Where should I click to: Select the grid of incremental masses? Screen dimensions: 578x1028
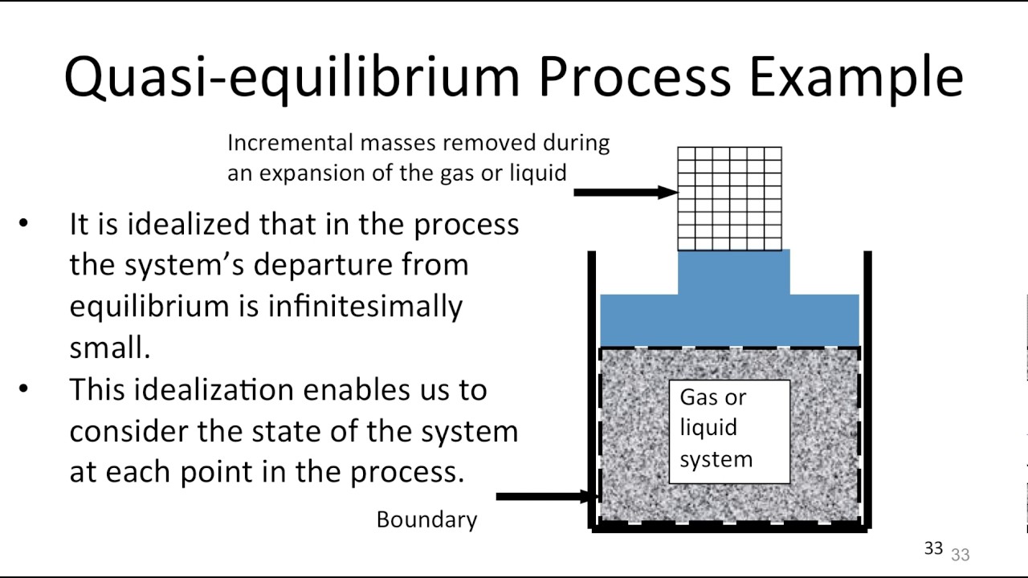(729, 198)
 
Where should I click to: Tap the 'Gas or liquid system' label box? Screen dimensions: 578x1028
(729, 431)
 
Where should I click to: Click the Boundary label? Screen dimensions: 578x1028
(426, 520)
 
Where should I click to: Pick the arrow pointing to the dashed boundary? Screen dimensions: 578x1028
(546, 497)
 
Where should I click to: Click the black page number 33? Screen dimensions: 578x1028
(932, 548)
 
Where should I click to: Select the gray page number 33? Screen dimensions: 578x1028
(961, 555)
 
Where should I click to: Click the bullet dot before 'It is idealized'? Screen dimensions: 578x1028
(23, 224)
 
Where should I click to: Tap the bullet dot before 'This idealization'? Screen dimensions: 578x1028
(23, 389)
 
